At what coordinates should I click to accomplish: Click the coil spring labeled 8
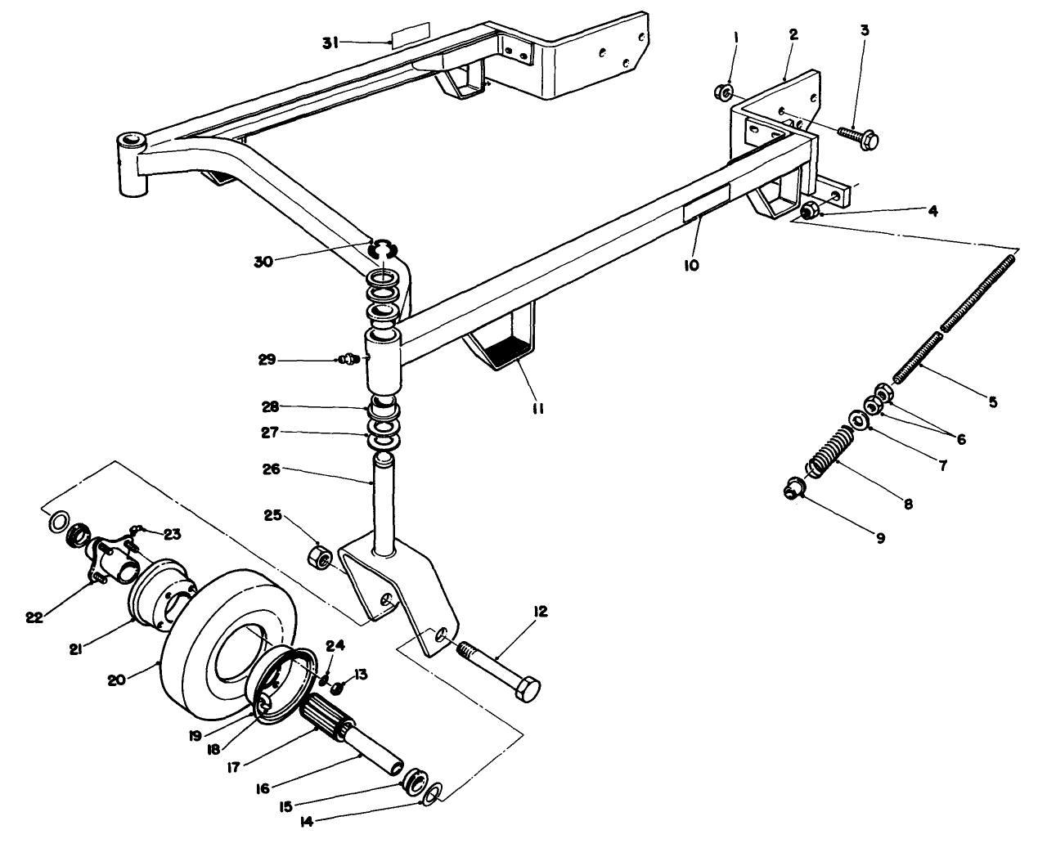pos(829,451)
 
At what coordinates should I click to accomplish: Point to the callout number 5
pos(992,402)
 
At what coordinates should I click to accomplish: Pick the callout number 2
pos(793,34)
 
